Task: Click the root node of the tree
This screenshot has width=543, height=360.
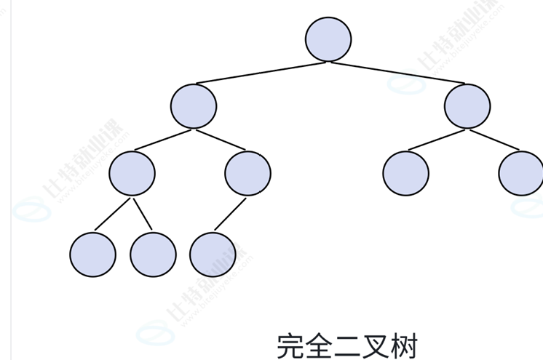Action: click(x=328, y=39)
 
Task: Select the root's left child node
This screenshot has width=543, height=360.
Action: click(x=194, y=106)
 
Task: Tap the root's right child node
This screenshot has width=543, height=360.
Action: click(x=467, y=106)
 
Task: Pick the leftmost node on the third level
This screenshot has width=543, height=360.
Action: click(x=132, y=173)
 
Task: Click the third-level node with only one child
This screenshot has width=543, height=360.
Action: click(x=247, y=173)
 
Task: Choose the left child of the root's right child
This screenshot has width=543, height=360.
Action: click(x=405, y=173)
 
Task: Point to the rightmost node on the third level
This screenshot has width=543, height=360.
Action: click(x=521, y=173)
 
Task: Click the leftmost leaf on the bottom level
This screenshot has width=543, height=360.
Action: click(x=92, y=255)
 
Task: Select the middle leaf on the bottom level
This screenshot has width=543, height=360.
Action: click(x=153, y=255)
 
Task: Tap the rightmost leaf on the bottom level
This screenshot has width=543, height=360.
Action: click(x=213, y=255)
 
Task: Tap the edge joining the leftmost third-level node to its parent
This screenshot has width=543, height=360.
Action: click(x=163, y=140)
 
